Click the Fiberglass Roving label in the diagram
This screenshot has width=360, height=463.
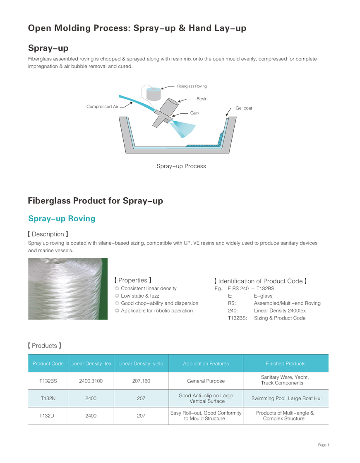click(192, 86)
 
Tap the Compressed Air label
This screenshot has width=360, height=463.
click(102, 107)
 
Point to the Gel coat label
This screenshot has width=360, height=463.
click(244, 108)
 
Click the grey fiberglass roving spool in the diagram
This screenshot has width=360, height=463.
click(154, 94)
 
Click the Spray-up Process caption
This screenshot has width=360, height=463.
click(181, 166)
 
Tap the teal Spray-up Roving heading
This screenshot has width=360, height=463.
click(62, 219)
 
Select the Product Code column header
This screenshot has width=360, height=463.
click(48, 363)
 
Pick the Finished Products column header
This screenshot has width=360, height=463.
click(286, 363)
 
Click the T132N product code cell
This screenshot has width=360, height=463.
click(48, 398)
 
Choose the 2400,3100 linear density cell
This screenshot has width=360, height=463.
click(91, 381)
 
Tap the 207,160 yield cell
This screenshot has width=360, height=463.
click(141, 381)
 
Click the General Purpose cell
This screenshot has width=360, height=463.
click(206, 381)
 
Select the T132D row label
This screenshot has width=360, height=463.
click(48, 415)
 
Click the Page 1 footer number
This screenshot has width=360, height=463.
click(323, 445)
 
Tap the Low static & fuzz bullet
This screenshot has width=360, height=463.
click(140, 296)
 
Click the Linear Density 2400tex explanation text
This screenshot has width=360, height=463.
click(280, 311)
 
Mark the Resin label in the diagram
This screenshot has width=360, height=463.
click(202, 99)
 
